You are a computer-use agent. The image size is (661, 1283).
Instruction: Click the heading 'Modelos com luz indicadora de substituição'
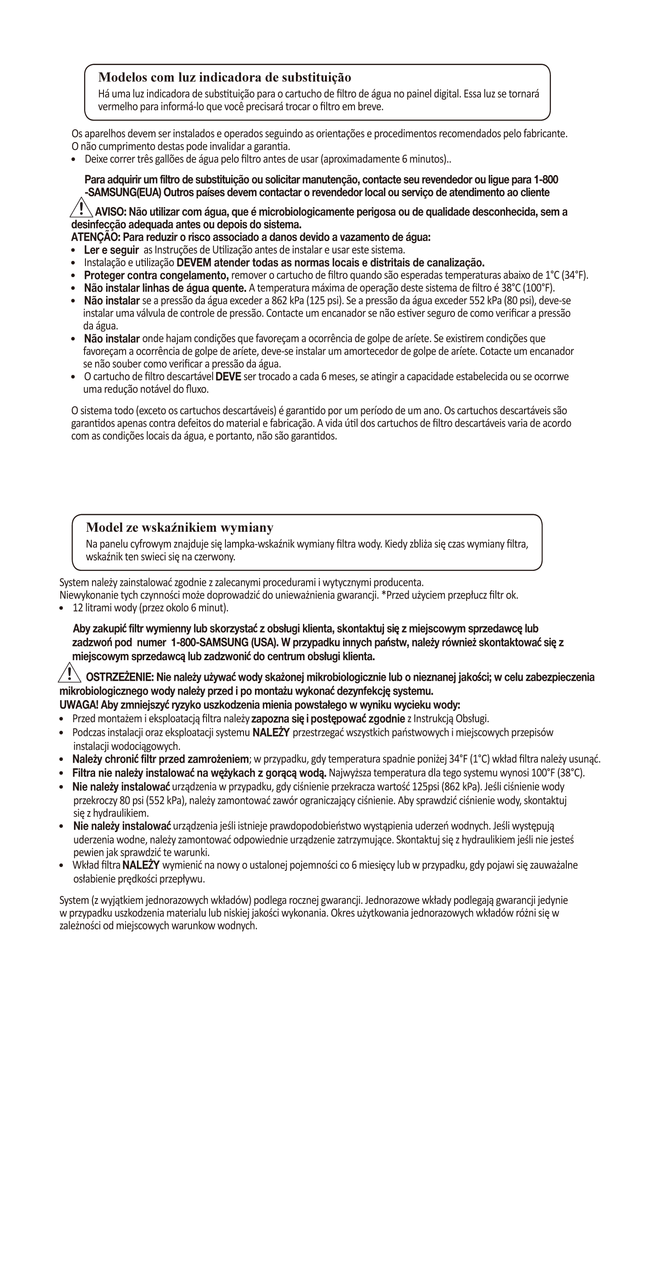click(x=224, y=77)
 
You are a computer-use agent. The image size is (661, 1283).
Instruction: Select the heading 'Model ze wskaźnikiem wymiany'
click(x=180, y=527)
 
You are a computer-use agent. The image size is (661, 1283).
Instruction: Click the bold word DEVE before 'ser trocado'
click(x=228, y=376)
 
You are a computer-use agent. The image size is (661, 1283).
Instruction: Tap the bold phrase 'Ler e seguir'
click(x=111, y=250)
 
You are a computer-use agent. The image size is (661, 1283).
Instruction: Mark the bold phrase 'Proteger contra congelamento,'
click(x=156, y=275)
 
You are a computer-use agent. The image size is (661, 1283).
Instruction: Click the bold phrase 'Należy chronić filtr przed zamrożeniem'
click(x=160, y=760)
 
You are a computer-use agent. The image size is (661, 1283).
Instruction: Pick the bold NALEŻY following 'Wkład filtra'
click(x=141, y=865)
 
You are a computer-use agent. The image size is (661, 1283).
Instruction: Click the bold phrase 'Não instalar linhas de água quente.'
click(x=165, y=288)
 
